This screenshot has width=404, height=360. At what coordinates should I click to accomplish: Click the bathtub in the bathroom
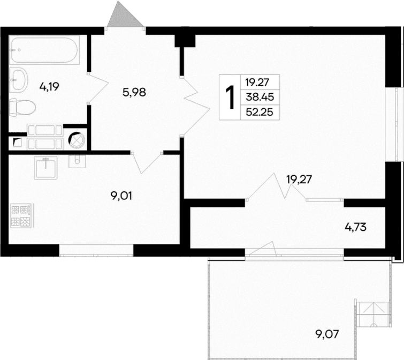[x=44, y=50]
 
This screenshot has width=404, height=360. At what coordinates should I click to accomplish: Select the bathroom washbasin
[x=20, y=80]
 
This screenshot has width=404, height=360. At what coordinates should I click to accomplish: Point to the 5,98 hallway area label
[x=134, y=92]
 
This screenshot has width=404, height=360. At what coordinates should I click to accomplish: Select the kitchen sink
[x=47, y=168]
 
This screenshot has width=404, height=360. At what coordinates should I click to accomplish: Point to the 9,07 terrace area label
[x=326, y=335]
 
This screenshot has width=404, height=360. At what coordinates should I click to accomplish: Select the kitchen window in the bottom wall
[x=96, y=250]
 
